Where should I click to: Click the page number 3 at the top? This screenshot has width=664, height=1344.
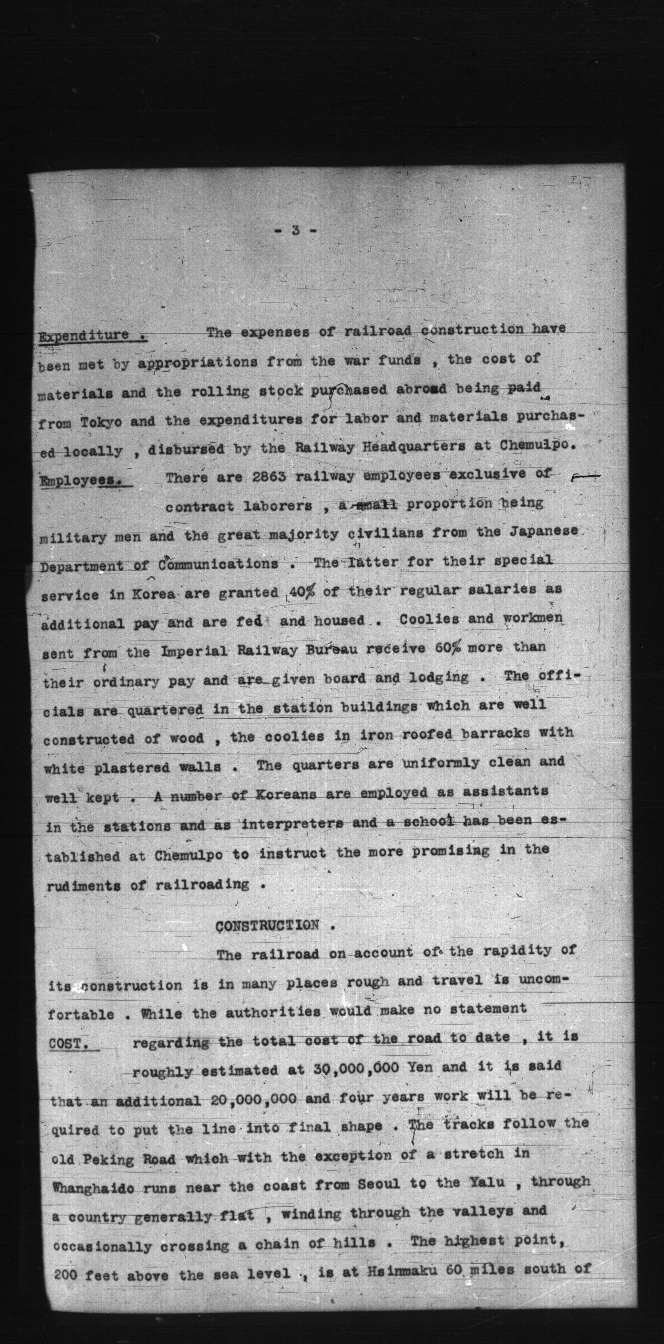[295, 230]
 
